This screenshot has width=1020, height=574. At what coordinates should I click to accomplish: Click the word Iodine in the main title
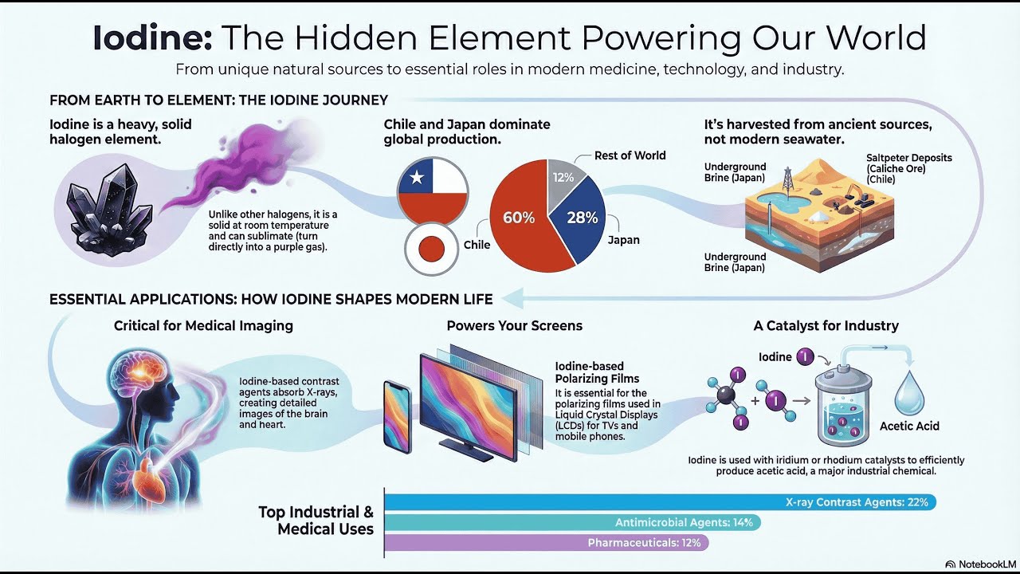151,38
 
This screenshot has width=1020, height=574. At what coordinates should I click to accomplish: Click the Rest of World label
630,155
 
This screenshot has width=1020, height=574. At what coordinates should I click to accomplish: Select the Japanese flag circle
431,249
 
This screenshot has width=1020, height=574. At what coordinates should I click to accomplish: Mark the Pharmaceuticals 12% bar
546,543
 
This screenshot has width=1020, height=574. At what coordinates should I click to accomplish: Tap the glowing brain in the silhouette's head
147,375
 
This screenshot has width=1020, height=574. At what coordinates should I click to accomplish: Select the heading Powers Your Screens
514,325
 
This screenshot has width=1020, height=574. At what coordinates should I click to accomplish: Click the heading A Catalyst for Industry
826,325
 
